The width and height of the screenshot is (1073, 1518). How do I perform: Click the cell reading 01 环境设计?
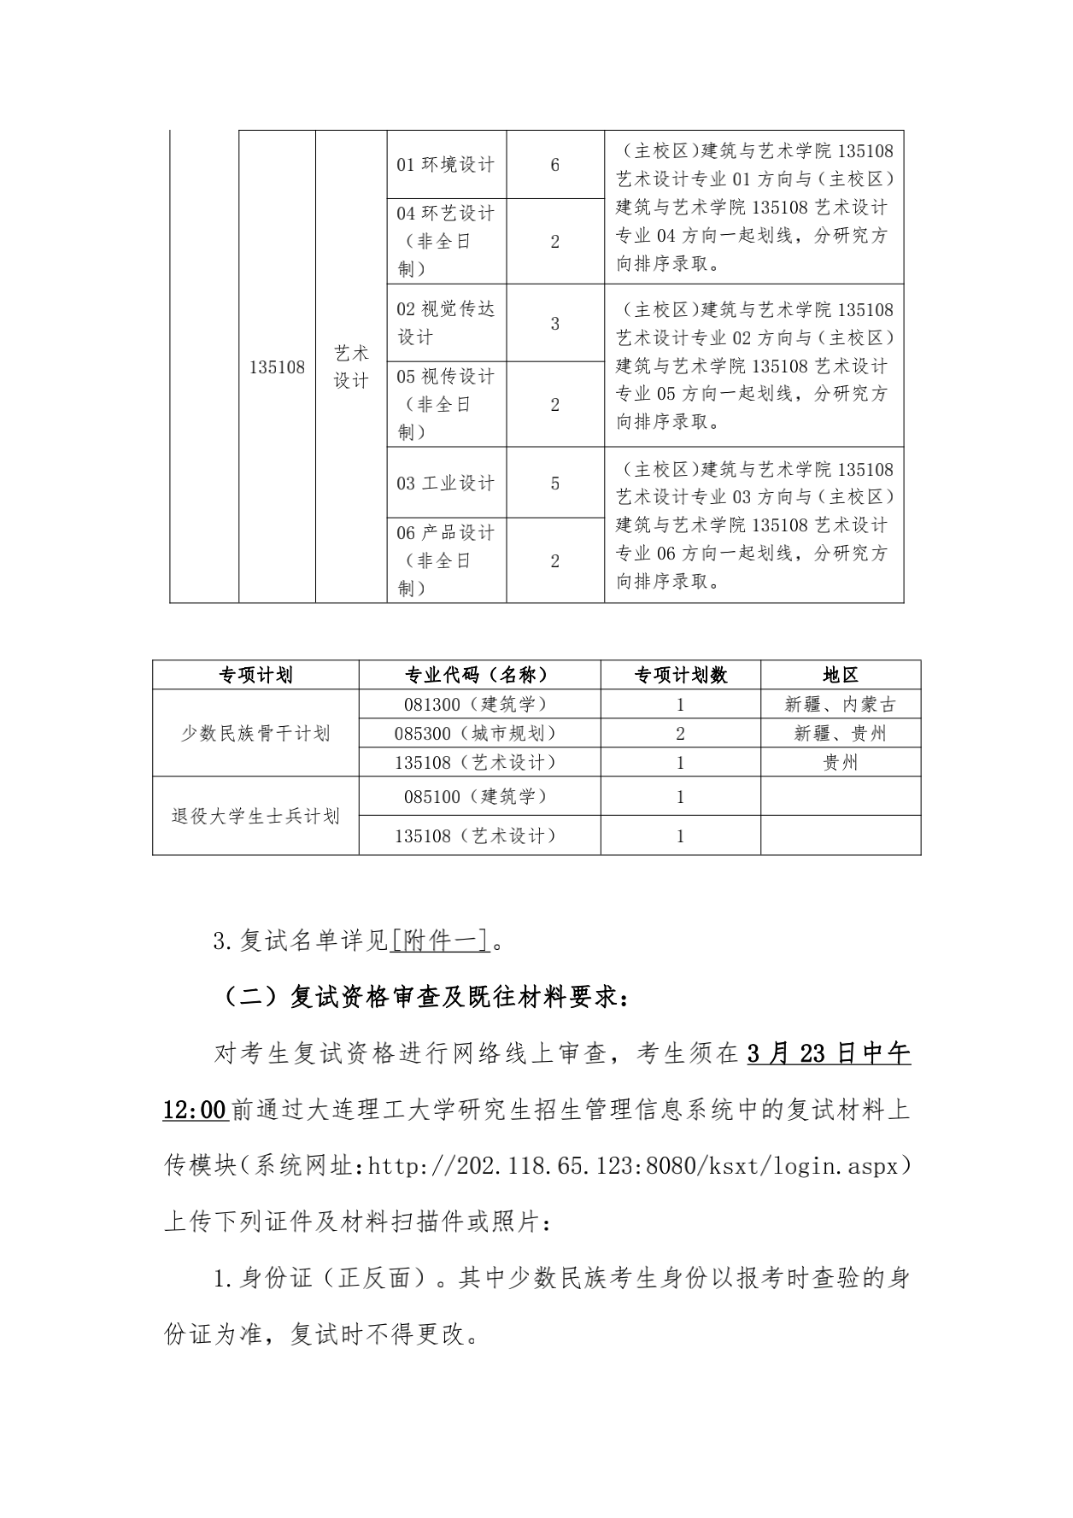click(x=445, y=165)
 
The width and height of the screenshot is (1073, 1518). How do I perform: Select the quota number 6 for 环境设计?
click(x=554, y=165)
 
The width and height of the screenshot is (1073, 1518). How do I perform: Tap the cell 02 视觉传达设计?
click(x=445, y=323)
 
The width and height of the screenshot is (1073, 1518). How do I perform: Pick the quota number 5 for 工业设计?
click(x=554, y=484)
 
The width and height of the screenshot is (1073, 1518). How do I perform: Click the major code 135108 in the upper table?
click(x=277, y=367)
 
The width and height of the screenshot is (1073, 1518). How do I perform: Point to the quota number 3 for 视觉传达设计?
click(x=554, y=324)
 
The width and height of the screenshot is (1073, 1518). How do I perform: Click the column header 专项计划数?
click(x=680, y=675)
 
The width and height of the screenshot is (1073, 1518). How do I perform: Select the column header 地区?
click(x=840, y=675)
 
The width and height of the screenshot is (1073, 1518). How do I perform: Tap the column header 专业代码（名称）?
click(x=478, y=675)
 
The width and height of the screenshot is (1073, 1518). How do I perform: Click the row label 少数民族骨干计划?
click(x=255, y=733)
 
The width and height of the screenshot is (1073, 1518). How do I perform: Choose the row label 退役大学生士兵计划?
click(x=255, y=816)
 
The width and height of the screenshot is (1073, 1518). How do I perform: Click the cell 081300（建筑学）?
click(x=478, y=704)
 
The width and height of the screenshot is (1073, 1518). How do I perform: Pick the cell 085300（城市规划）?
click(x=478, y=733)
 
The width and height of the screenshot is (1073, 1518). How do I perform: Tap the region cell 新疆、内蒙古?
click(x=840, y=704)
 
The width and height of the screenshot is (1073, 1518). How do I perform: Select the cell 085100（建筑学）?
click(x=478, y=796)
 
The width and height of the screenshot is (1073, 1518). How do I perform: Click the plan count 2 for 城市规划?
click(x=680, y=733)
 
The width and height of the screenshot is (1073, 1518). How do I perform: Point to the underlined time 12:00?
click(x=195, y=1110)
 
